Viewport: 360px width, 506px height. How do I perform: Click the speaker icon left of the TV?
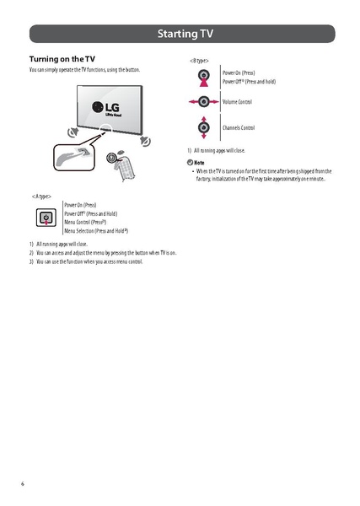click(x=73, y=132)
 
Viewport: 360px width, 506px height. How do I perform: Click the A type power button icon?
click(x=46, y=218)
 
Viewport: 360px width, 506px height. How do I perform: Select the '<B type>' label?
click(x=199, y=61)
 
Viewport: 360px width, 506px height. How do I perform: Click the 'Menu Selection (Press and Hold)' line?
click(x=95, y=230)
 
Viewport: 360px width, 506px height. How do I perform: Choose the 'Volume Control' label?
click(x=237, y=102)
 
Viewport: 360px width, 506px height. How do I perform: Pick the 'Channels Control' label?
click(x=239, y=128)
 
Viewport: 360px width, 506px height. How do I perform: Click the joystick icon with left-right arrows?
click(x=202, y=102)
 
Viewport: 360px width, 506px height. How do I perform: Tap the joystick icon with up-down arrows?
click(x=202, y=129)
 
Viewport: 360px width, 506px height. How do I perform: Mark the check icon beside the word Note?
click(x=190, y=161)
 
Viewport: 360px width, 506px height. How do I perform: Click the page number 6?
click(x=23, y=483)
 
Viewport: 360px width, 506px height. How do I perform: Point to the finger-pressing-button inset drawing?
click(x=73, y=158)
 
